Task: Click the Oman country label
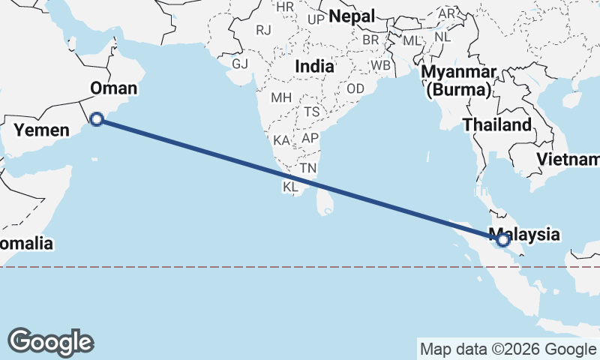pos(113,88)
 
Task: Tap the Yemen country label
pos(37,130)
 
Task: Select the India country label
pos(314,66)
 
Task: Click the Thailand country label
pos(496,124)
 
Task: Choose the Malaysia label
pos(523,234)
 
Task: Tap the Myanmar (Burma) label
pos(460,81)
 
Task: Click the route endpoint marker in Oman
pos(96,118)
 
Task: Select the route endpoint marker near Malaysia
pos(502,240)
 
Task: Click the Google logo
pos(50,341)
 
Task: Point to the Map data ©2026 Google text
pos(507,349)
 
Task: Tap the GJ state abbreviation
pos(240,64)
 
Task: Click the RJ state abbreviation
pos(263,30)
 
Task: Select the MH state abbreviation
pos(281,97)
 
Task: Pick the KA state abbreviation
pos(282,140)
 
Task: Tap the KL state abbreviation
pos(290,186)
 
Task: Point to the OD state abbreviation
pos(355,88)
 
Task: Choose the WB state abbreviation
pos(381,65)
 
